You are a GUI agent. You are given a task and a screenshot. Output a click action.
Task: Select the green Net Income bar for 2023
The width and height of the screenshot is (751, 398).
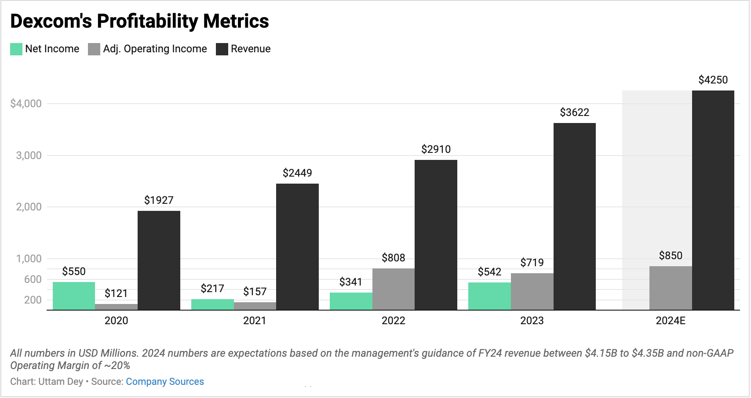[x=489, y=296]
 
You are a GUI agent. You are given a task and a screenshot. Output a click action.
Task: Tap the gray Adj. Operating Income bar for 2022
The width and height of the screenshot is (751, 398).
[x=393, y=289]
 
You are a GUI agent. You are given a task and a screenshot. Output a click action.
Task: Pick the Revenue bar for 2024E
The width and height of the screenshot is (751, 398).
[x=713, y=200]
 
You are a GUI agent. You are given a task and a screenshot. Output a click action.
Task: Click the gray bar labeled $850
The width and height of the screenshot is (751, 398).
[x=670, y=288]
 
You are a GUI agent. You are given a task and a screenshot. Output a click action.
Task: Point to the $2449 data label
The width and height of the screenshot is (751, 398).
[x=297, y=173]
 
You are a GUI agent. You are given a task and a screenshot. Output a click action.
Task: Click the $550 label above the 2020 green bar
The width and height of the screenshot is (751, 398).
[x=74, y=271]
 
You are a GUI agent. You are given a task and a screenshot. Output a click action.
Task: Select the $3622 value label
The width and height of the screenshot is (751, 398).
[x=574, y=112]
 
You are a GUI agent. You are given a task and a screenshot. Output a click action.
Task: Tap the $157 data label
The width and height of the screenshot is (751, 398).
[x=255, y=292]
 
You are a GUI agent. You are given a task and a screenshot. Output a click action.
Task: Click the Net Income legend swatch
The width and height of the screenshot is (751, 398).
[x=16, y=49]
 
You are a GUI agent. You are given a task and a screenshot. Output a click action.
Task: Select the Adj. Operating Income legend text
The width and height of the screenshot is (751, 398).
[x=155, y=49]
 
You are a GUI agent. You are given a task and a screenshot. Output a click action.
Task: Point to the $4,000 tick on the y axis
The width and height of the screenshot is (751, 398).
[x=26, y=104]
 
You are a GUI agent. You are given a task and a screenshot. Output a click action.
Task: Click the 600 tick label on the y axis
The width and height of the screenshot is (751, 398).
[x=33, y=279]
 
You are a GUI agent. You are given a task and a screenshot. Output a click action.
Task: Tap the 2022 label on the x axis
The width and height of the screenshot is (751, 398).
[x=393, y=321]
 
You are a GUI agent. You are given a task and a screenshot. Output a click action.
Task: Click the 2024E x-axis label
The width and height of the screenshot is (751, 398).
[x=670, y=321]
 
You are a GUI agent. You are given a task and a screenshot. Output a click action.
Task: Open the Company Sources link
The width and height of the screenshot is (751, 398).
[x=165, y=381]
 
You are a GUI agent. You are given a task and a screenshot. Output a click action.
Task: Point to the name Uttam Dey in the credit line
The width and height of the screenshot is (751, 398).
[x=61, y=381]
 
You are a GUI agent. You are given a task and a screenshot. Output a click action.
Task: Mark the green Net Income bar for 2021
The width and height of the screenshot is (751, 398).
[x=212, y=304]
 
